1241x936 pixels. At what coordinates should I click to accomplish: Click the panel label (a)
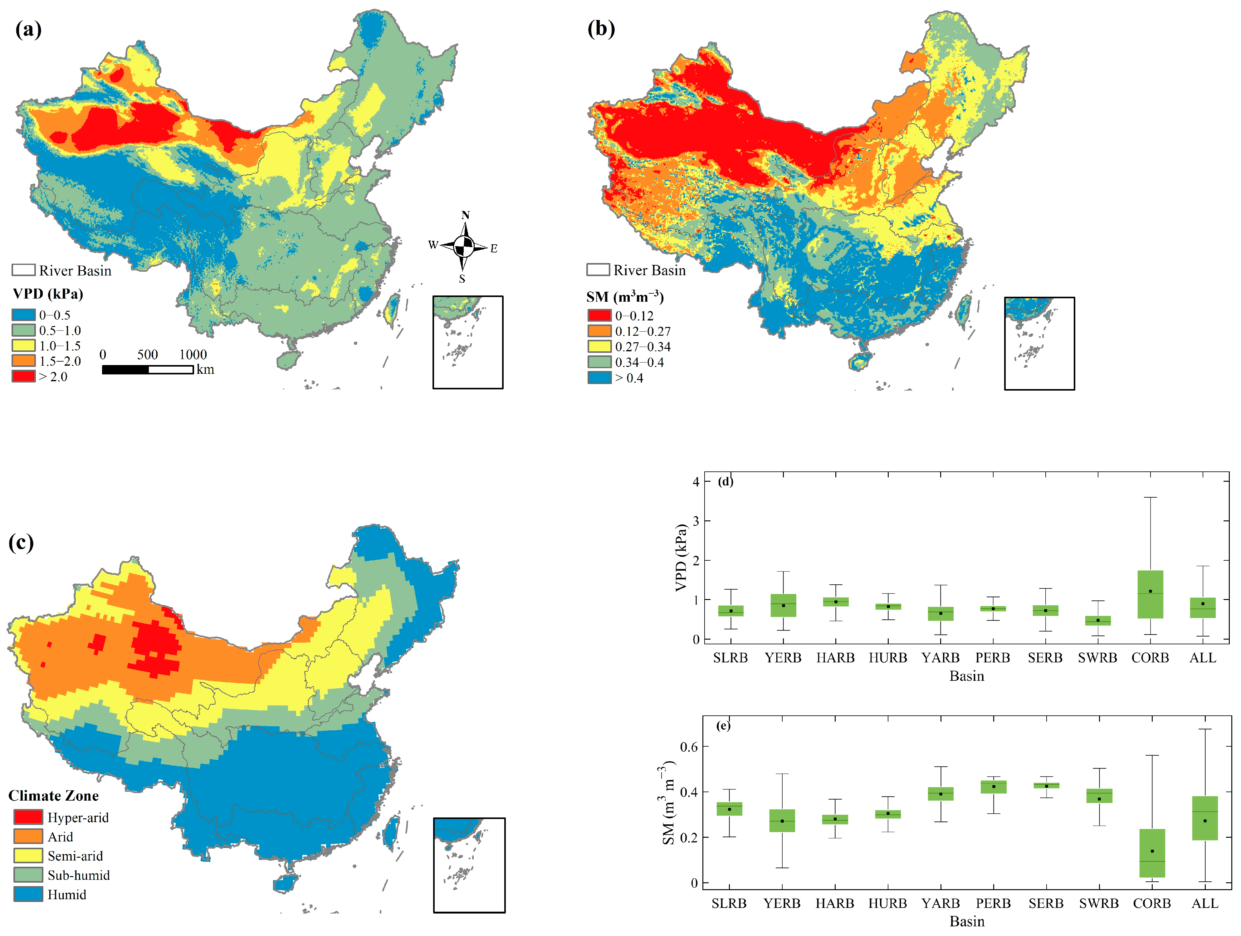[x=28, y=29]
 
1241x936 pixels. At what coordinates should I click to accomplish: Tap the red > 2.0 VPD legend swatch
[x=24, y=376]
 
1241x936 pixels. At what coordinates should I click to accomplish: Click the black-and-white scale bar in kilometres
[x=148, y=370]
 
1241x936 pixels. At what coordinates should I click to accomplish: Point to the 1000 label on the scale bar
[x=193, y=354]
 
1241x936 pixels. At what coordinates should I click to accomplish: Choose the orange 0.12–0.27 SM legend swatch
[x=599, y=331]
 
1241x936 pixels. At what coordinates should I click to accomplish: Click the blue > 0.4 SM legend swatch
[x=599, y=378]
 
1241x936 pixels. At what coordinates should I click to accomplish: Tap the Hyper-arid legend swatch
[x=28, y=817]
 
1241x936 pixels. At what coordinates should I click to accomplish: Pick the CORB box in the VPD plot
[x=1150, y=594]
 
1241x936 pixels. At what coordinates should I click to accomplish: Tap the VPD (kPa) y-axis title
[x=681, y=558]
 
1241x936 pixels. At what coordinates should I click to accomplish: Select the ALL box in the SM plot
[x=1204, y=818]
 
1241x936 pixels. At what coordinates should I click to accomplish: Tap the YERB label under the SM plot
[x=782, y=904]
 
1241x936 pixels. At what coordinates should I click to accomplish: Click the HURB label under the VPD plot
[x=887, y=658]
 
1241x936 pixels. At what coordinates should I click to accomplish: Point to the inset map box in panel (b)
[x=1039, y=343]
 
